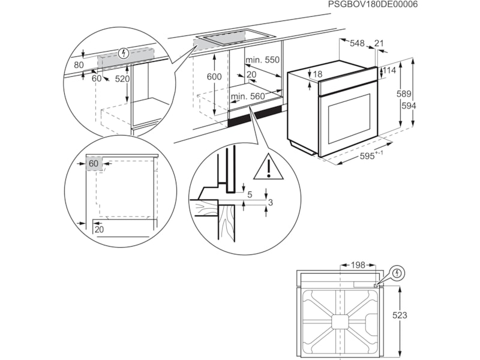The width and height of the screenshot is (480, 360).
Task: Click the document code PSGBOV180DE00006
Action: [x=373, y=5]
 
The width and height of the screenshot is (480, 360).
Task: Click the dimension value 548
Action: [x=357, y=43]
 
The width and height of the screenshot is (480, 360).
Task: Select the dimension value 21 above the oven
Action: [x=379, y=43]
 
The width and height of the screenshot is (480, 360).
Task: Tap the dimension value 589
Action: [x=404, y=94]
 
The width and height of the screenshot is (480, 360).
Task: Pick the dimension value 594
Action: [x=409, y=106]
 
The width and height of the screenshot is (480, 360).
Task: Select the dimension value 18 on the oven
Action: [x=317, y=74]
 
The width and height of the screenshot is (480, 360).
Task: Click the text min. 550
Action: [x=263, y=60]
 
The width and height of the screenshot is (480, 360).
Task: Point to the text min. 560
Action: [x=248, y=97]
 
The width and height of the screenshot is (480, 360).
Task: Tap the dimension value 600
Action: [x=214, y=77]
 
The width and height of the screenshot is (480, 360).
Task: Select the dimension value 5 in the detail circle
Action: [x=249, y=194]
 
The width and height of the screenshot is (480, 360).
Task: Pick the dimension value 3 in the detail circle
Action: [x=271, y=203]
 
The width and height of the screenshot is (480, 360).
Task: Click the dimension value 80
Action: [x=79, y=64]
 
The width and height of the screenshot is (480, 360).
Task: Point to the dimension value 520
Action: [x=122, y=79]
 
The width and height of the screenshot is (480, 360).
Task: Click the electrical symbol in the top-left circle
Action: [x=124, y=53]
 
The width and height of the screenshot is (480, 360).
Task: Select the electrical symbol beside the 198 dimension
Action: [x=397, y=274]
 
